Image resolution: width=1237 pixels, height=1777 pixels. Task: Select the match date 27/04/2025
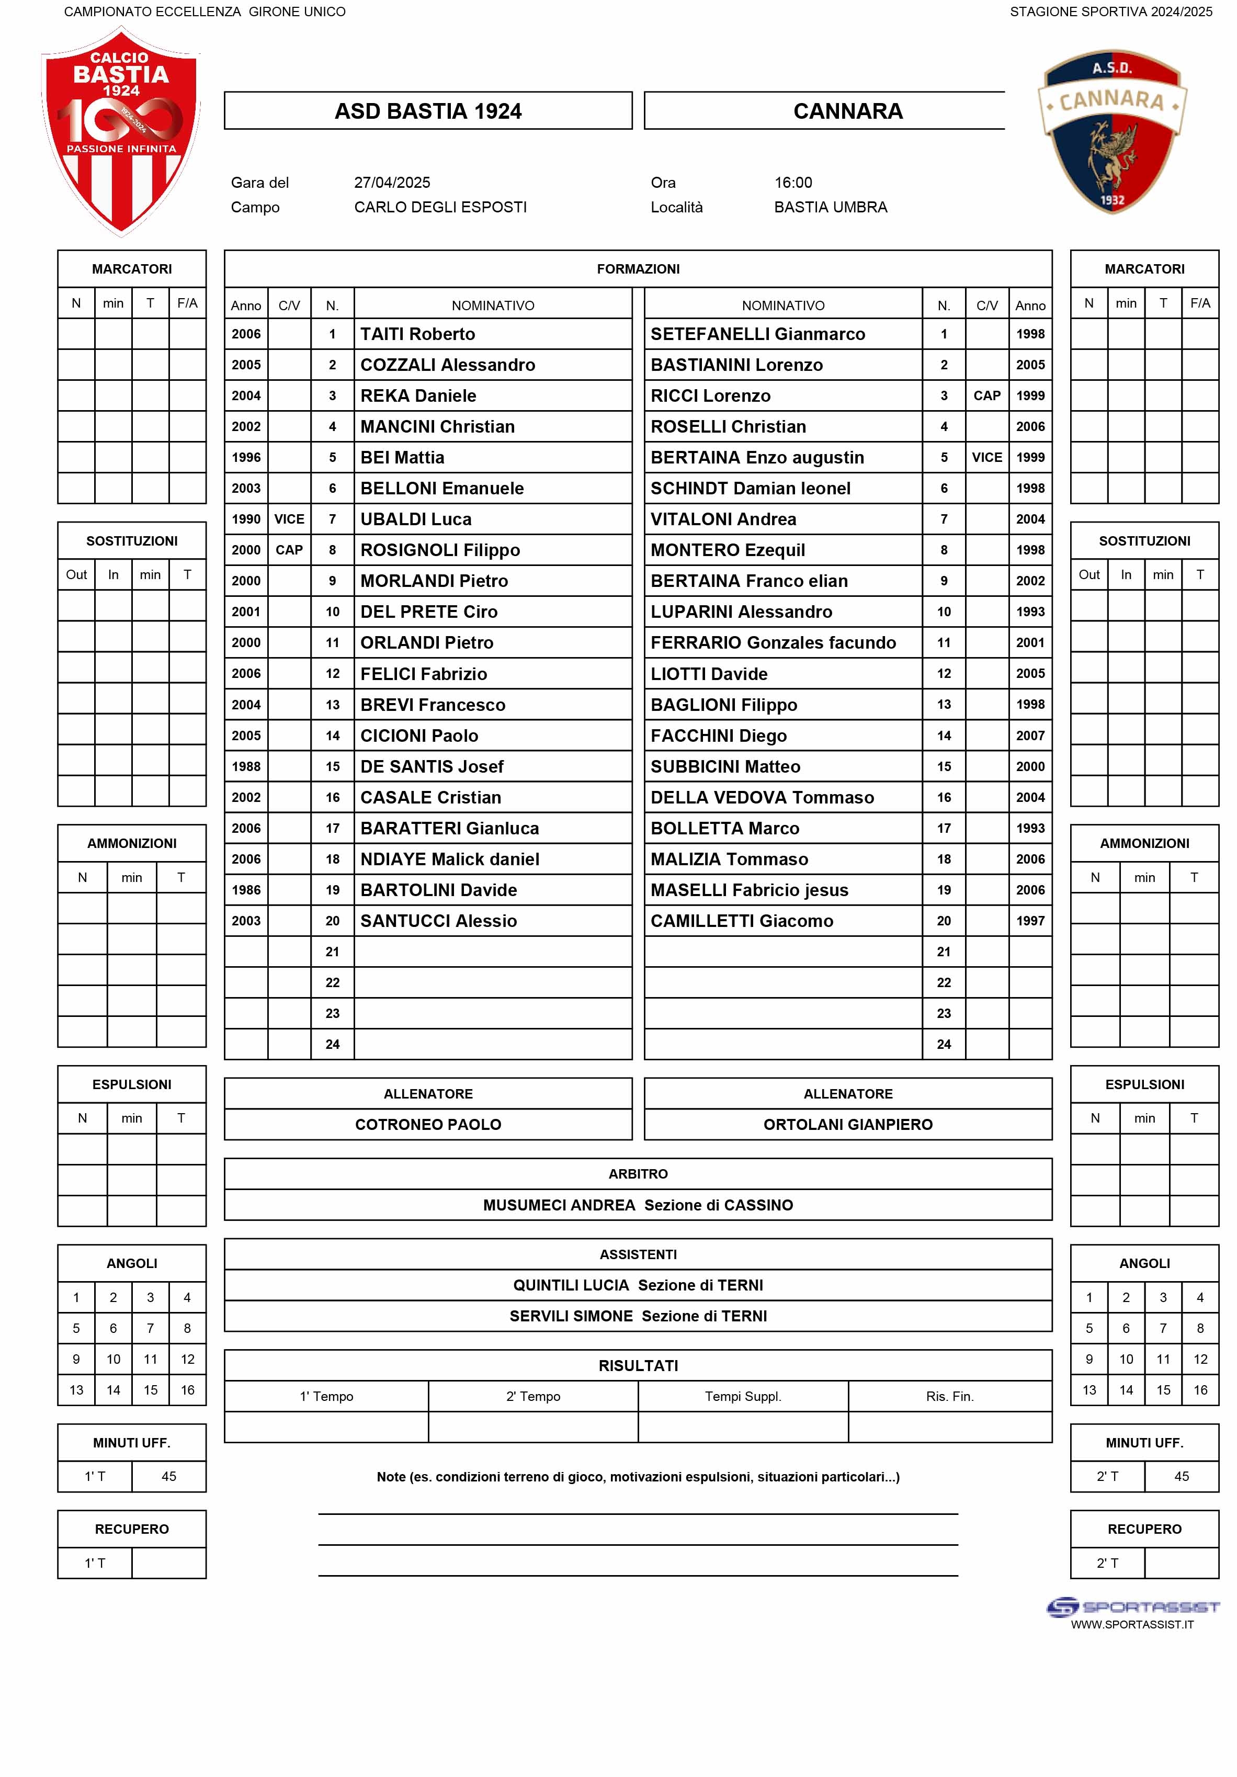click(x=392, y=183)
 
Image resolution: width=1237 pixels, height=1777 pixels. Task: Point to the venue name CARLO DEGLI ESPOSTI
click(x=440, y=208)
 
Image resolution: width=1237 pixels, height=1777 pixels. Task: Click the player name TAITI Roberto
click(x=417, y=334)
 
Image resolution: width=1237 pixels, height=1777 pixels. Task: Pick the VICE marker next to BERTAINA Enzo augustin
click(x=986, y=457)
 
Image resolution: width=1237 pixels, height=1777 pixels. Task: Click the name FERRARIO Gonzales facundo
click(x=773, y=642)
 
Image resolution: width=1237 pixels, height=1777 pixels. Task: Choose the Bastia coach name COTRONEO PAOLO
click(x=427, y=1125)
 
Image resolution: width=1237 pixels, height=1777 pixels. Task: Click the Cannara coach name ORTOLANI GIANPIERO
click(x=848, y=1125)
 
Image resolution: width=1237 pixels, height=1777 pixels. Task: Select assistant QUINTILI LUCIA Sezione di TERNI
click(x=637, y=1285)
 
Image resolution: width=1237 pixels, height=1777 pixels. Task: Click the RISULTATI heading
click(x=637, y=1365)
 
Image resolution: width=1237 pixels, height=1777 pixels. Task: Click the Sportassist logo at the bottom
click(x=1132, y=1607)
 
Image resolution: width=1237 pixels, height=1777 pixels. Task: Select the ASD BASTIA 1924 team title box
click(x=427, y=111)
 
